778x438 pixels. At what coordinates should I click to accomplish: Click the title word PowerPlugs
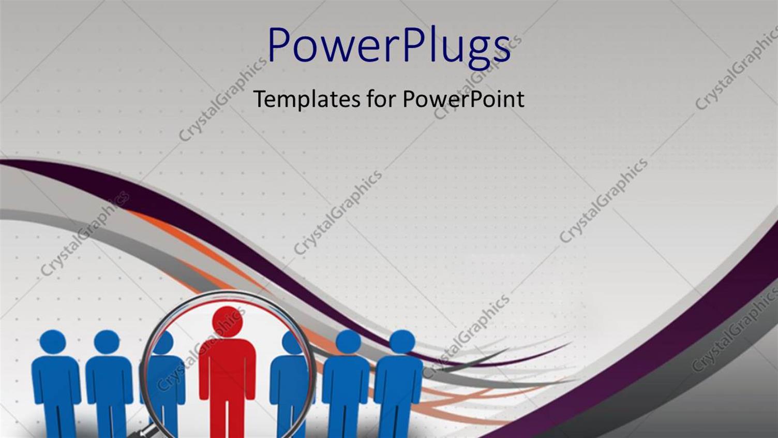(388, 46)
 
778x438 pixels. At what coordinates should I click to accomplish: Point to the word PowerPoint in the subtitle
(463, 98)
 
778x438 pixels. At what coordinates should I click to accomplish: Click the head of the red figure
(228, 321)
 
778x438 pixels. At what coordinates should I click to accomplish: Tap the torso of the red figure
(228, 368)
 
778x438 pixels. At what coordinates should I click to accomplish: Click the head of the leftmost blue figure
(53, 342)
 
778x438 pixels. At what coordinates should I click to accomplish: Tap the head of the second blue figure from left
(107, 342)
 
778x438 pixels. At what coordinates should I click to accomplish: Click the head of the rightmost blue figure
(402, 342)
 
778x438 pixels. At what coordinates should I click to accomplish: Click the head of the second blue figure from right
(348, 342)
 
